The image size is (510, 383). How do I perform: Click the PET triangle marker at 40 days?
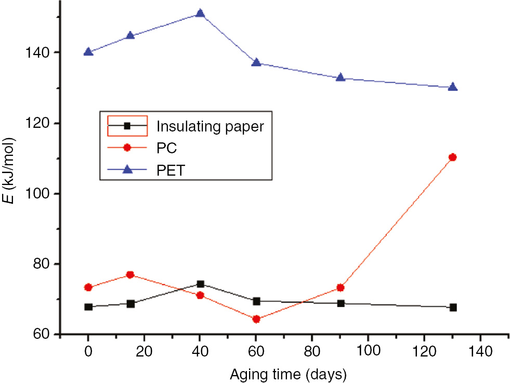[200, 14]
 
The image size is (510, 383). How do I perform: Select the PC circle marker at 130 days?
[452, 157]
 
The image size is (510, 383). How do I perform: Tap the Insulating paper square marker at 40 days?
[200, 284]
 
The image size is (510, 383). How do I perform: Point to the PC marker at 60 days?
[256, 319]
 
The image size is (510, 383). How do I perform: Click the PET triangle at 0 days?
[88, 52]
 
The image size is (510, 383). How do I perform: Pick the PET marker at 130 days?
[452, 87]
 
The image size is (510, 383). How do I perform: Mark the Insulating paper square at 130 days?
[452, 307]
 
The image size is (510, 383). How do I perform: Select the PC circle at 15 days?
[130, 274]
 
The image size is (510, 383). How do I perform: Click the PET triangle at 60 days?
[256, 62]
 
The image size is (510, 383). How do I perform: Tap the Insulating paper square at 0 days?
[88, 307]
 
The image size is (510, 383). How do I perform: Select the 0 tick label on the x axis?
[88, 352]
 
